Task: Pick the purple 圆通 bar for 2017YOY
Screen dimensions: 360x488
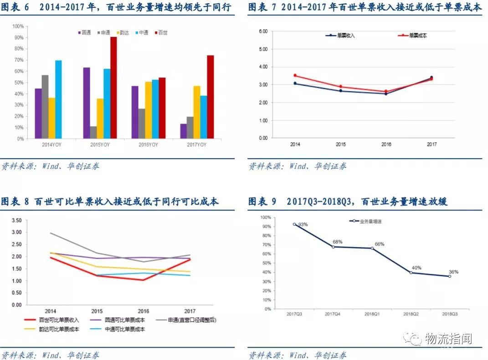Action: [x=183, y=131]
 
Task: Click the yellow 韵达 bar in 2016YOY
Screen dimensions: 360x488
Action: [x=149, y=110]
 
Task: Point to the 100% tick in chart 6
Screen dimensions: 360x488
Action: [x=19, y=26]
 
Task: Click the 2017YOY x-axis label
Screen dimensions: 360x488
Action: [x=197, y=145]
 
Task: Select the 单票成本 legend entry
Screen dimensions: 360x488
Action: [x=414, y=35]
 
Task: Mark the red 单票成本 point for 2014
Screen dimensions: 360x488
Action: [x=295, y=76]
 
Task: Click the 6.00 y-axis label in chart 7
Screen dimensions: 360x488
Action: [x=262, y=31]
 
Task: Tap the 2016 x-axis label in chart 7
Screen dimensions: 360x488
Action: [x=386, y=144]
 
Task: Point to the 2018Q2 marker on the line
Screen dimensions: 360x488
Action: [x=411, y=273]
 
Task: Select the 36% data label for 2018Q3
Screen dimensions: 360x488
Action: [x=453, y=272]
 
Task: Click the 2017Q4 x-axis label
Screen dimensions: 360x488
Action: [x=333, y=314]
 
